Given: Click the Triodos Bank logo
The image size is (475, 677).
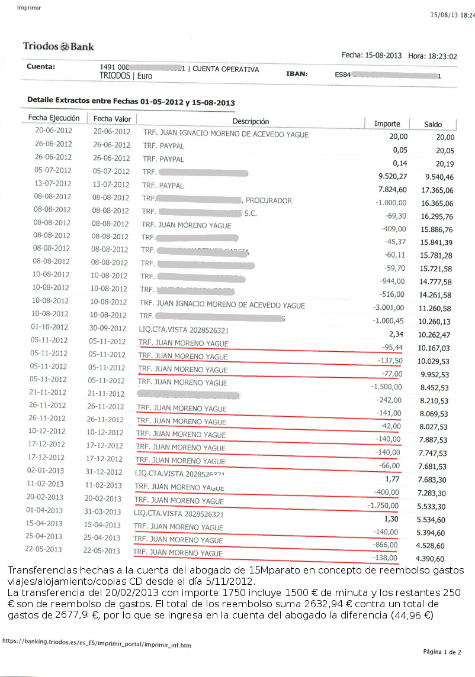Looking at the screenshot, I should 58,46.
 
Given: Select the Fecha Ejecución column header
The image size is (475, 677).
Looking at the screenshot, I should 54,118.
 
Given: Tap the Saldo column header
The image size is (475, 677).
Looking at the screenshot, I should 432,124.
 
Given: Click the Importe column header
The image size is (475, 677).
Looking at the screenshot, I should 387,124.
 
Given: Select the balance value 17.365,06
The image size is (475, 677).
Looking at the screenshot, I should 437,190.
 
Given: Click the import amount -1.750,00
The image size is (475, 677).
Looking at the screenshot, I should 383,506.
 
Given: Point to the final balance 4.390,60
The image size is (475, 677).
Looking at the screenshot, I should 430,559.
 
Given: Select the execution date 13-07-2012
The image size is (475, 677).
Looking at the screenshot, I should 53,183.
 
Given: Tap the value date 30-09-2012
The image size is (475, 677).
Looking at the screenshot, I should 108,328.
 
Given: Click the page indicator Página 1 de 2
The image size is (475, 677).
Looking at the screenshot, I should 441,652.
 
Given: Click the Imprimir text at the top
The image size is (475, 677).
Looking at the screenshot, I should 29,8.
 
